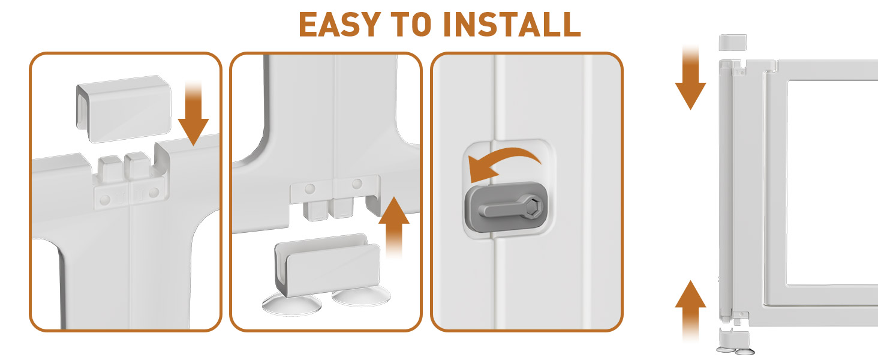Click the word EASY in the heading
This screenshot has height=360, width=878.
340,25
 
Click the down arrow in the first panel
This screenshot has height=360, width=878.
193,114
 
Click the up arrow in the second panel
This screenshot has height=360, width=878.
394,227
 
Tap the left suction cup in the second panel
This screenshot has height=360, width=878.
291,304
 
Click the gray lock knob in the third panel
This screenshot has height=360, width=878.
506,208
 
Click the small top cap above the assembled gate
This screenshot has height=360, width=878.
733,43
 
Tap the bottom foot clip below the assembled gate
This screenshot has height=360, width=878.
735,342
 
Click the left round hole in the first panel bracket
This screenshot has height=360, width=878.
105,200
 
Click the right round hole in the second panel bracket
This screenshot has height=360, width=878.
357,184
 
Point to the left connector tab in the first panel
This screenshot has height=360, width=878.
109,169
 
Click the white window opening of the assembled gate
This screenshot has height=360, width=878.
832,183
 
